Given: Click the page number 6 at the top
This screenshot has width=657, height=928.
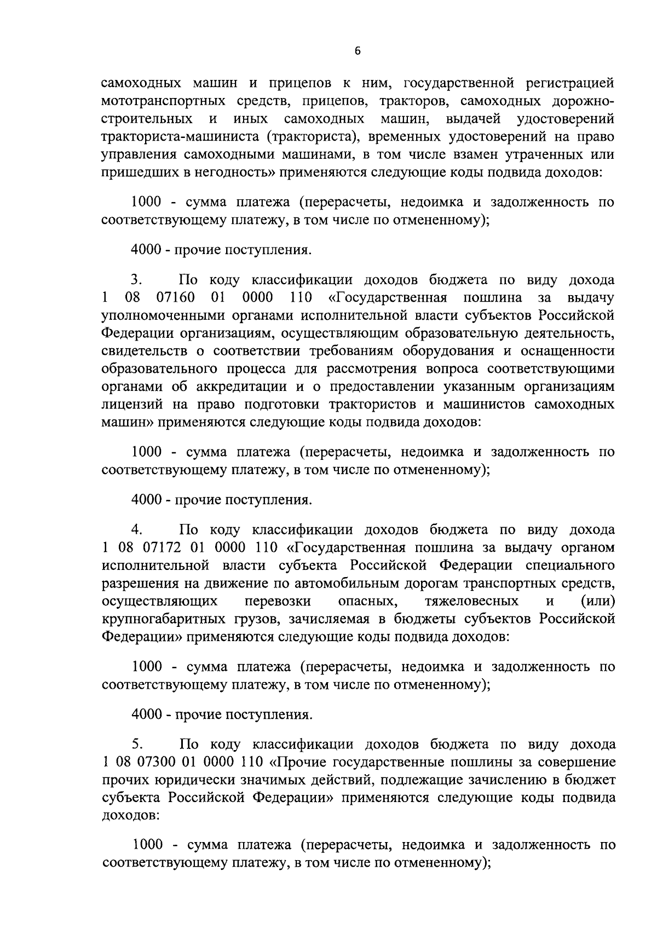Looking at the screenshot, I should coord(358,51).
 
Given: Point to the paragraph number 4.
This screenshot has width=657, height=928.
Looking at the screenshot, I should coord(137,530).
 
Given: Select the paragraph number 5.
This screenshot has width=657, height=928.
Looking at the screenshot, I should coord(137,745).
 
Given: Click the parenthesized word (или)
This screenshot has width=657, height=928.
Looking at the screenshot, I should coord(597,602).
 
